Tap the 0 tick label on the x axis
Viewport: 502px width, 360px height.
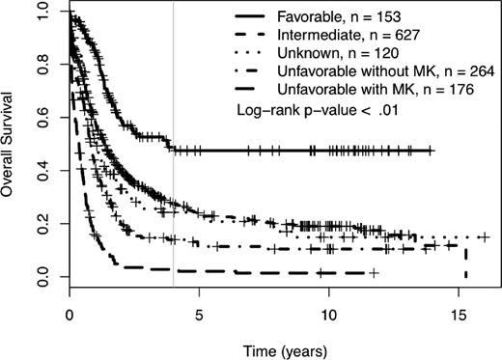click(70, 314)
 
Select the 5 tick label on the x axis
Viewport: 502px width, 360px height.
click(199, 314)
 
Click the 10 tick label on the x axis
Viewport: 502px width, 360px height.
click(328, 314)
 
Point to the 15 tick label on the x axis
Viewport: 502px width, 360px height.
click(458, 314)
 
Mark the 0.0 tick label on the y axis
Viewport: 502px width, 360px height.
click(42, 277)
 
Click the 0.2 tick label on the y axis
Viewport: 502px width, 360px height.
click(42, 224)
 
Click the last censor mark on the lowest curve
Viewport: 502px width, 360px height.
click(373, 273)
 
